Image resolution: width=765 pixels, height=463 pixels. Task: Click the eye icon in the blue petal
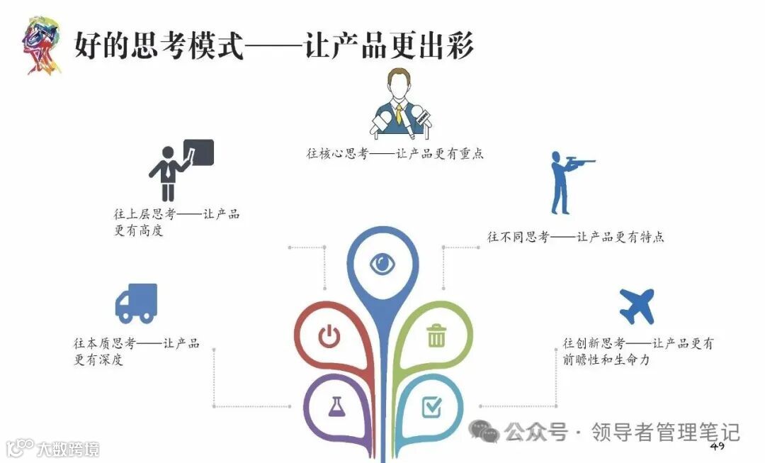click(382, 264)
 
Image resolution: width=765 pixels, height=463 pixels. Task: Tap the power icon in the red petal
click(329, 335)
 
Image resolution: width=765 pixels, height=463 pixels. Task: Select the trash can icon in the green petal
click(436, 335)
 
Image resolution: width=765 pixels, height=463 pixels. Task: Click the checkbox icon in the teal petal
click(431, 406)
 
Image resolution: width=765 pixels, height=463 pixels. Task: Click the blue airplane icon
click(637, 306)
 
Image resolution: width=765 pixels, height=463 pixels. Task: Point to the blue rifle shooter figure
click(567, 182)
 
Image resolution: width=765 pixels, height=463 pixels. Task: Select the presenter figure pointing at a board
click(168, 172)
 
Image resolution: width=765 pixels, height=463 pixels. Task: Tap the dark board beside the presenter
click(198, 152)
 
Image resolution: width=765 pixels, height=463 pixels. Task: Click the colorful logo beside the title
click(41, 45)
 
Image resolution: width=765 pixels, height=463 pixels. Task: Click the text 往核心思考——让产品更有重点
click(395, 153)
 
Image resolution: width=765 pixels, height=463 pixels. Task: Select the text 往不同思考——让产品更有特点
click(575, 237)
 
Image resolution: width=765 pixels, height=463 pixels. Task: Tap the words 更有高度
click(139, 230)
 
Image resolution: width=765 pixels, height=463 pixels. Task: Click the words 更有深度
click(98, 359)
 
